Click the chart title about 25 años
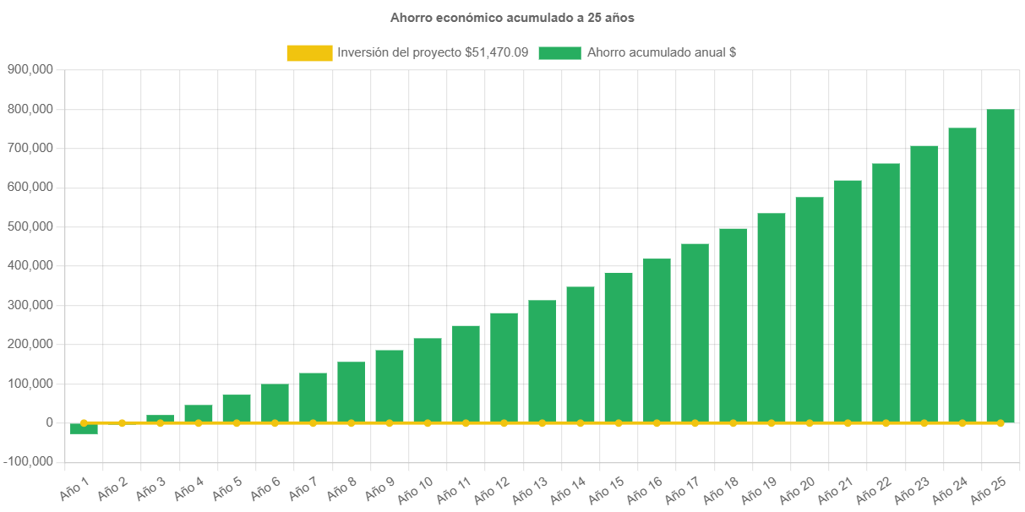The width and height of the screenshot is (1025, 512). tap(512, 18)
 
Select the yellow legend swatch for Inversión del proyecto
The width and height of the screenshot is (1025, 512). tap(309, 53)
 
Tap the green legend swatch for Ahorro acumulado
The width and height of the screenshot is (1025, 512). tap(559, 53)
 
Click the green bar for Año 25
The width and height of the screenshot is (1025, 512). tap(1000, 265)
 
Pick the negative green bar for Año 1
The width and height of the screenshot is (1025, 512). tap(84, 428)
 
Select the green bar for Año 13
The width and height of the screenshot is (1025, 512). tap(542, 361)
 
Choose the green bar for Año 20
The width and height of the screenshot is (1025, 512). tap(809, 309)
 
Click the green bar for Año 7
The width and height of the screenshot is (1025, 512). tap(313, 397)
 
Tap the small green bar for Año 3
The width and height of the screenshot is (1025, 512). tap(160, 418)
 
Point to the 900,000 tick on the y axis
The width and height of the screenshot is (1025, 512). tap(30, 69)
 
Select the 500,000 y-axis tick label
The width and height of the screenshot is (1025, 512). tap(30, 226)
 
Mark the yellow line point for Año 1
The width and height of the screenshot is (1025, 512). tap(84, 422)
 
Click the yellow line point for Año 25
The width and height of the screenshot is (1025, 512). tap(1000, 422)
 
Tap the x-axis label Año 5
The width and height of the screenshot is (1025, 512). tap(226, 487)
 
